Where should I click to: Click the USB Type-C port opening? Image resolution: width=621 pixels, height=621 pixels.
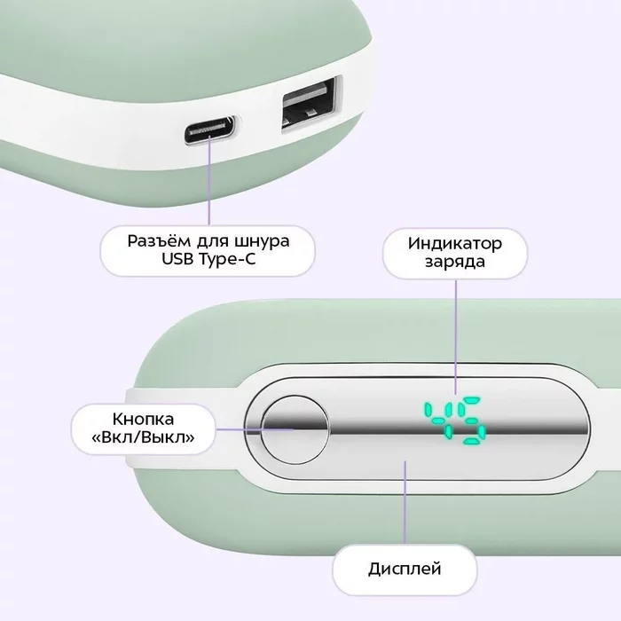(211, 131)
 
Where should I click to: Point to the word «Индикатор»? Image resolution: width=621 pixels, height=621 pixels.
(455, 243)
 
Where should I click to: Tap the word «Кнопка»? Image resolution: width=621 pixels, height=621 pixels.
(143, 419)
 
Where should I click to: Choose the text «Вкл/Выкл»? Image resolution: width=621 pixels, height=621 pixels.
(143, 438)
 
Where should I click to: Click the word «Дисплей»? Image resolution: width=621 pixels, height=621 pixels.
(405, 569)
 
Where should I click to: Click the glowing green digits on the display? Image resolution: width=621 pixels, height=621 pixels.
(453, 419)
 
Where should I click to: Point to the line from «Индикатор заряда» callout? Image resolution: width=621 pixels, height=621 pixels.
(455, 328)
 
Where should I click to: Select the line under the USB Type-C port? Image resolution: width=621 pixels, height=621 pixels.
(210, 182)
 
